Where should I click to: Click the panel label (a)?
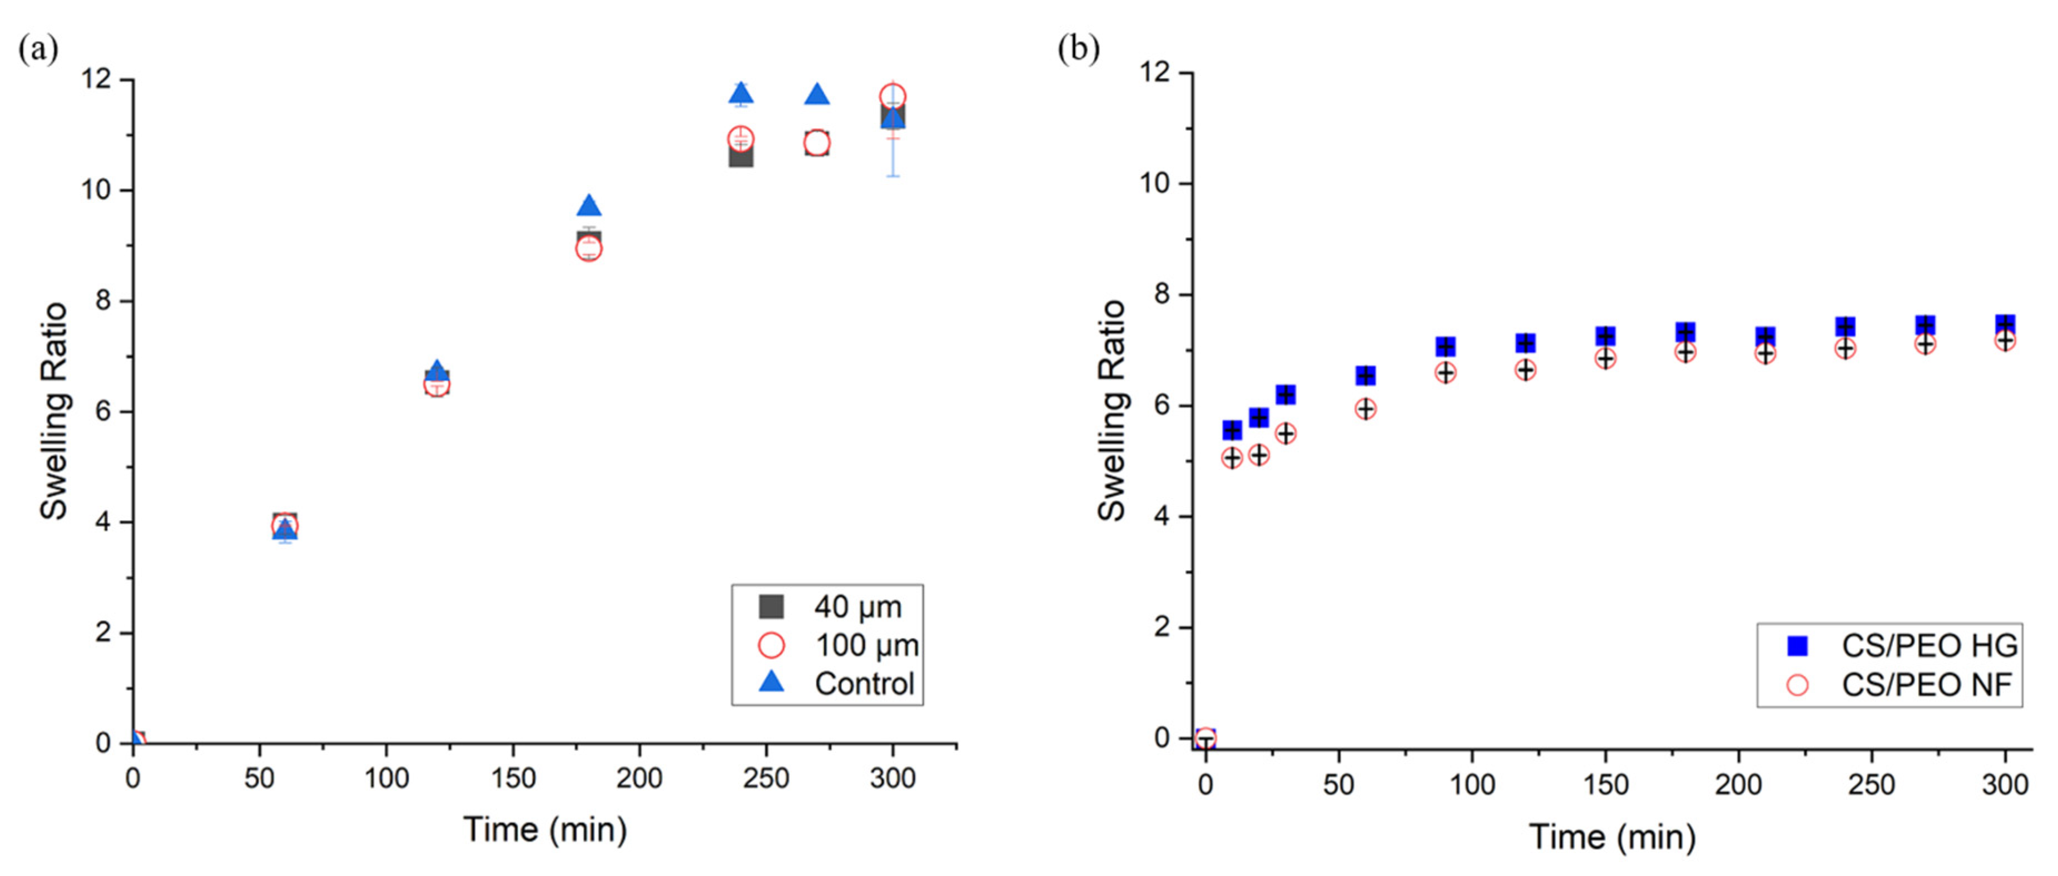(x=38, y=49)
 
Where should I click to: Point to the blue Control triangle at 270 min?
(x=816, y=95)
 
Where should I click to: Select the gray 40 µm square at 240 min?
(x=741, y=156)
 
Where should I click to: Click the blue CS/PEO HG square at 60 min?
(x=1365, y=375)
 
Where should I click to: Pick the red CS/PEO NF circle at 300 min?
(x=2005, y=341)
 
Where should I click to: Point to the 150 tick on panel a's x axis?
(x=513, y=777)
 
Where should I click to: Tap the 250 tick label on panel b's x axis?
(x=1871, y=784)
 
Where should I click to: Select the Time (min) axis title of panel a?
(x=545, y=829)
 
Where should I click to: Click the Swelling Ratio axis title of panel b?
(x=1111, y=411)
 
